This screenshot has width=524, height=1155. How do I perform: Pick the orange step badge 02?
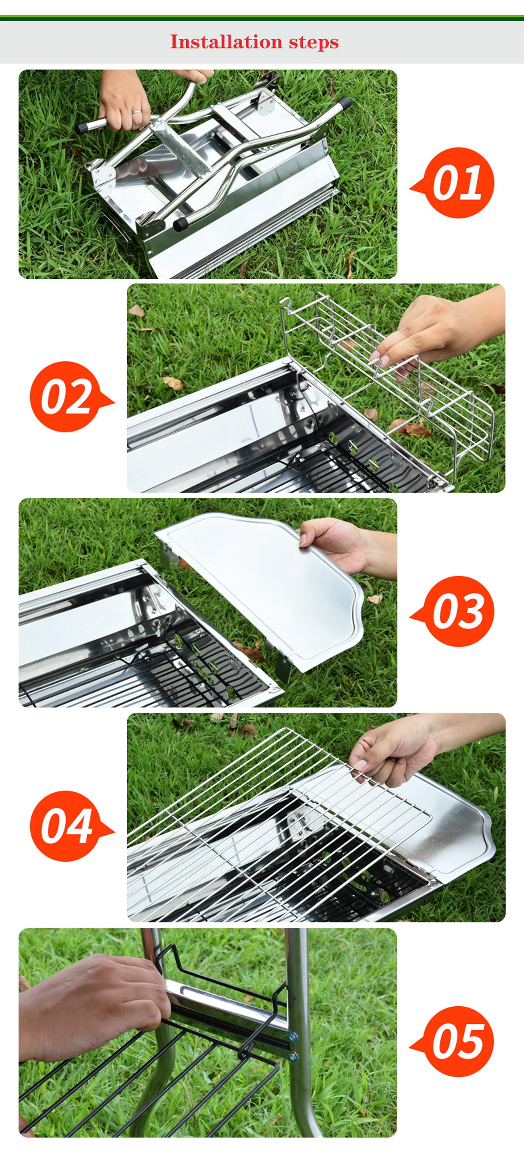66,397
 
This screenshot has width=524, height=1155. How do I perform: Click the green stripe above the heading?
262,18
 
